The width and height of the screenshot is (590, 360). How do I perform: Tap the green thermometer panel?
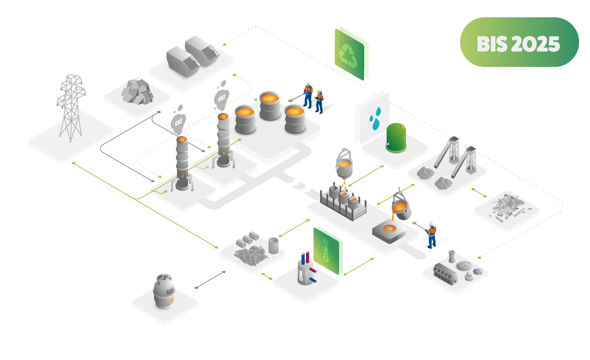click(x=326, y=250)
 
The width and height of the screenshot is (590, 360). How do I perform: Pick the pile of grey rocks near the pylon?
click(x=137, y=91)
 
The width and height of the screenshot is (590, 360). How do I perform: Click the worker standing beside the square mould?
click(x=431, y=235)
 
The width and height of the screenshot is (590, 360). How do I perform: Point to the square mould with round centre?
click(x=389, y=231)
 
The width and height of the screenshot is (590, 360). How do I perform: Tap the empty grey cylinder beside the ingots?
click(x=273, y=245)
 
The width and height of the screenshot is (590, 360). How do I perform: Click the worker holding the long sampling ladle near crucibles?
click(x=308, y=95)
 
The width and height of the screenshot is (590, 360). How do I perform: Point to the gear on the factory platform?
click(x=478, y=271)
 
